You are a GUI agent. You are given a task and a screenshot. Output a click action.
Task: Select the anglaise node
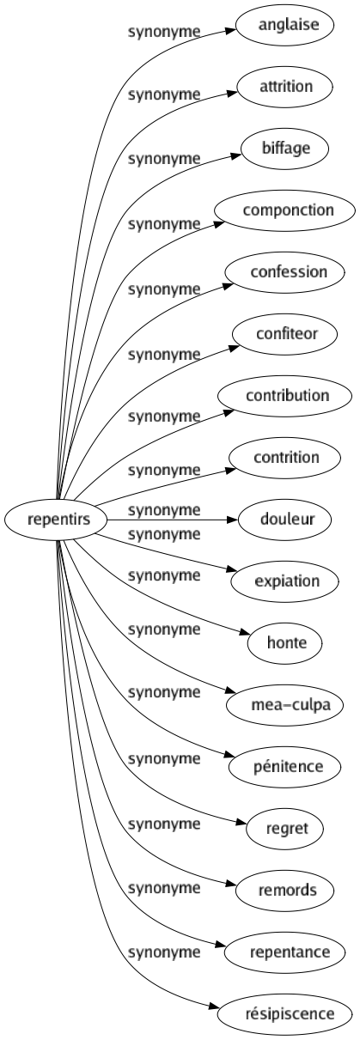(x=287, y=24)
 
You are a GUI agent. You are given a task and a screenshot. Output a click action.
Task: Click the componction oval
(x=287, y=210)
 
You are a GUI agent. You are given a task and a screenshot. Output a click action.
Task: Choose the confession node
(x=287, y=271)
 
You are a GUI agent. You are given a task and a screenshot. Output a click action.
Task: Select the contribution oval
(x=287, y=395)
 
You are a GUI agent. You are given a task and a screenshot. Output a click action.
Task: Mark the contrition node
(x=287, y=457)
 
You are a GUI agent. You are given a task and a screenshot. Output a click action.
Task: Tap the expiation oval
(x=287, y=581)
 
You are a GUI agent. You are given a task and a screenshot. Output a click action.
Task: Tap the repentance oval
(x=287, y=952)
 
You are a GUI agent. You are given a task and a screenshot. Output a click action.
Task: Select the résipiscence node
(x=287, y=1013)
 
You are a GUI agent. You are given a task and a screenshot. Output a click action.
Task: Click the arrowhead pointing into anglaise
(x=230, y=29)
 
